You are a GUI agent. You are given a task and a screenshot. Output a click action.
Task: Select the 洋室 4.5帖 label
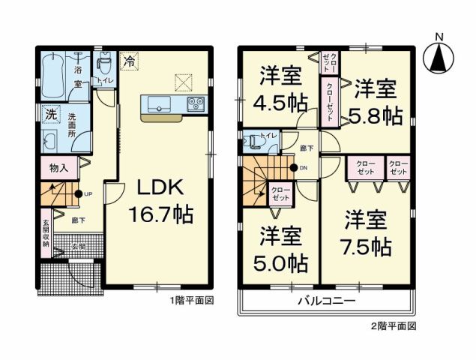coord(281,88)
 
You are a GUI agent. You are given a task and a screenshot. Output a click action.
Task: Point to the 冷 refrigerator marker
coord(130,61)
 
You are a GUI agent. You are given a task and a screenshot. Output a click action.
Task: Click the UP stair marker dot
coord(78,193)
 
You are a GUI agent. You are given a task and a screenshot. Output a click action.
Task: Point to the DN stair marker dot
coord(293,167)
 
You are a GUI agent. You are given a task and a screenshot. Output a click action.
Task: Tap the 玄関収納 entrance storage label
coord(46,233)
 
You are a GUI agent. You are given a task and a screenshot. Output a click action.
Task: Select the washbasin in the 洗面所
coord(52,142)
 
